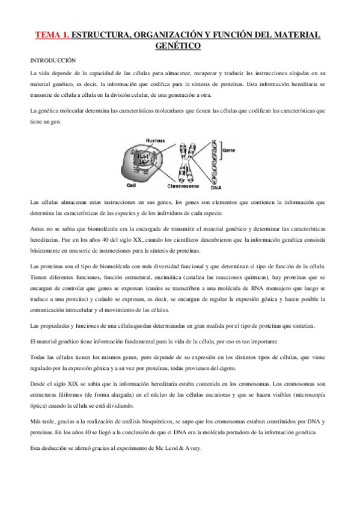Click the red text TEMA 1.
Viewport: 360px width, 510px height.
tap(51, 35)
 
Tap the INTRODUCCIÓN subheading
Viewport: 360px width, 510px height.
tap(53, 61)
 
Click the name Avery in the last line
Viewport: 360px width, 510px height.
tap(194, 448)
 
